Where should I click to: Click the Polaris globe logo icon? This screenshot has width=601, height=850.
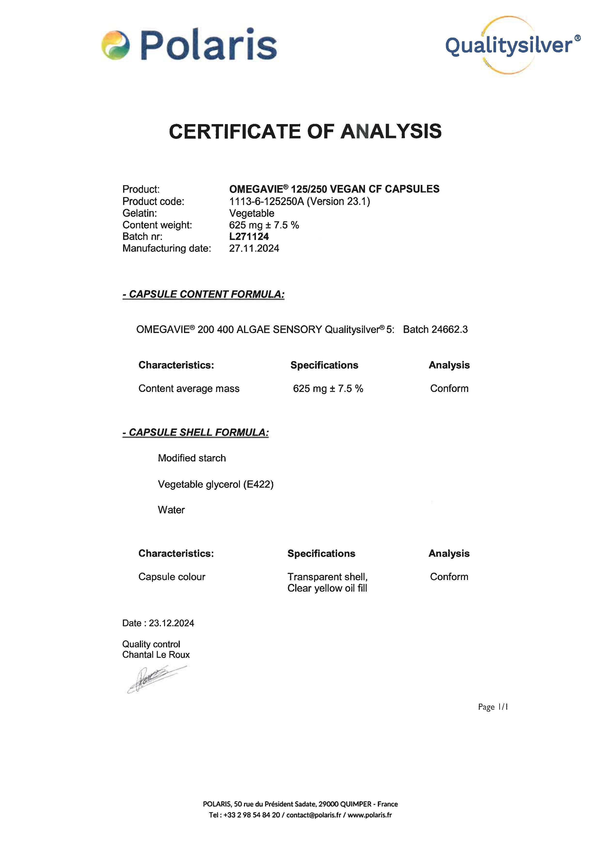tap(115, 45)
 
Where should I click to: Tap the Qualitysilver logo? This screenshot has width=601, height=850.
tap(513, 45)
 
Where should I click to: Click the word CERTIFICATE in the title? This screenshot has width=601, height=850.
tap(235, 131)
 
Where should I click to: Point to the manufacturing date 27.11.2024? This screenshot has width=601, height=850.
tap(254, 248)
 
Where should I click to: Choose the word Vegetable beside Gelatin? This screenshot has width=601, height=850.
tap(252, 213)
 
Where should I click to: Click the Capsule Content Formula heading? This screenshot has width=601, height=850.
tap(204, 294)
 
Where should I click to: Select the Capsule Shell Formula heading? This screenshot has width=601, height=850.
tap(196, 432)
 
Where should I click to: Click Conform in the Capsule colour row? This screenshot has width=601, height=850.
tap(449, 577)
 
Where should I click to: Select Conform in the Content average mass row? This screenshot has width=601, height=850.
tap(449, 389)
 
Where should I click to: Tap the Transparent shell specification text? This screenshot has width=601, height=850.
tap(327, 577)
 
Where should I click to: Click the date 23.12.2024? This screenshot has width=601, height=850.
tap(171, 623)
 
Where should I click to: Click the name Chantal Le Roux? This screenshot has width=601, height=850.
tap(156, 655)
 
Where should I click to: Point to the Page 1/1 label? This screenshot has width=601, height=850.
tap(493, 707)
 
